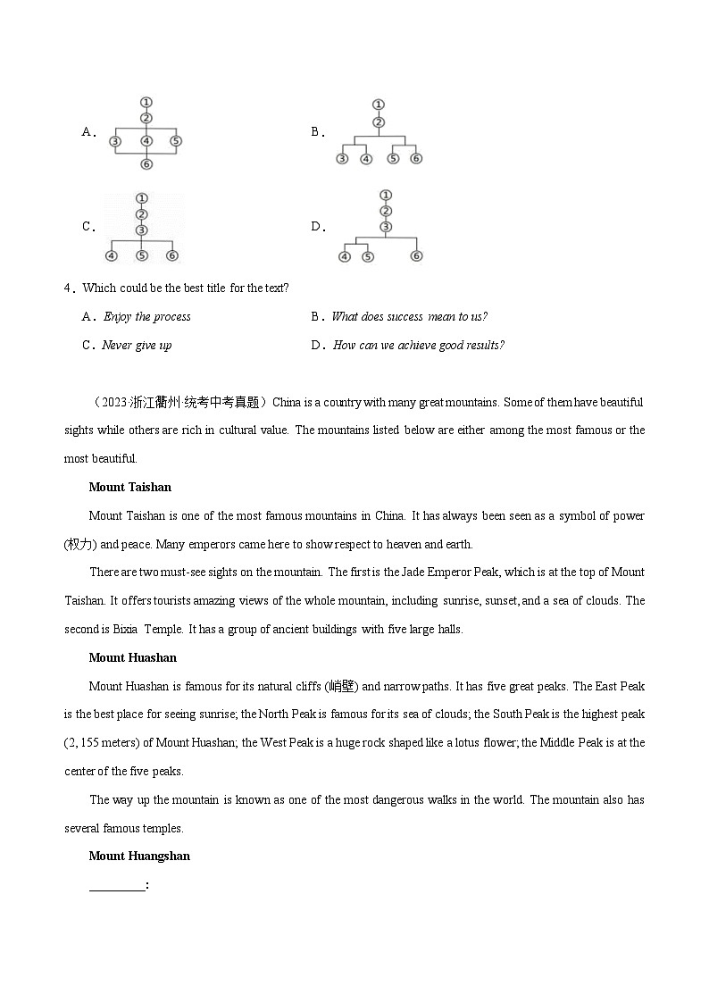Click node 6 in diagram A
pos(146,164)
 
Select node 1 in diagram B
pos(379,104)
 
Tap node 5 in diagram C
pos(141,256)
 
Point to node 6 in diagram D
pos(416,257)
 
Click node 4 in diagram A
pos(146,141)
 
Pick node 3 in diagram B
pos(341,159)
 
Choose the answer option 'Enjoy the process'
pos(146,317)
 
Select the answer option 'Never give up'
pos(137,346)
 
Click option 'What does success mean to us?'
pos(409,317)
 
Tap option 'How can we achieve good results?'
pos(418,346)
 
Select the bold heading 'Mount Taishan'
pos(129,488)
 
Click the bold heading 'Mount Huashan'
pos(132,658)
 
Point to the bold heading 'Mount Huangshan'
pos(139,857)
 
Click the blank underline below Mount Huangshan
pos(116,885)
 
